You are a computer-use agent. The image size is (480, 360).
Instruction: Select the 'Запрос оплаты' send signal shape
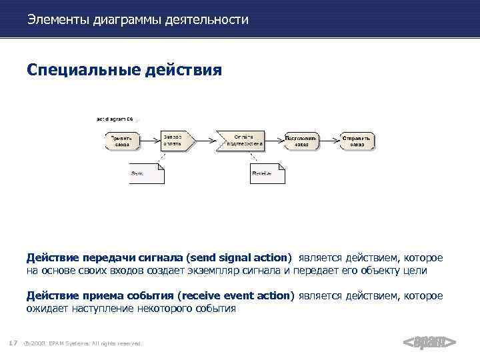(175, 140)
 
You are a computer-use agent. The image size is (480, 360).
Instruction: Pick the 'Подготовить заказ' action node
(301, 140)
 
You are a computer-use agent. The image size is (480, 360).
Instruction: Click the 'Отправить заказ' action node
(357, 140)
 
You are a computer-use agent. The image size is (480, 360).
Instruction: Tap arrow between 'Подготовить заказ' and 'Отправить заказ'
(329, 140)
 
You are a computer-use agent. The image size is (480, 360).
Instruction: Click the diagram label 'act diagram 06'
(115, 119)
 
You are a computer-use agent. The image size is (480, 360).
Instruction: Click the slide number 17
(13, 343)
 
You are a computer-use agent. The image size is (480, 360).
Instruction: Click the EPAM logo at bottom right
(429, 343)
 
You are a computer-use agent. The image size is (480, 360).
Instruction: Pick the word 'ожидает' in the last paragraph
(48, 309)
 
